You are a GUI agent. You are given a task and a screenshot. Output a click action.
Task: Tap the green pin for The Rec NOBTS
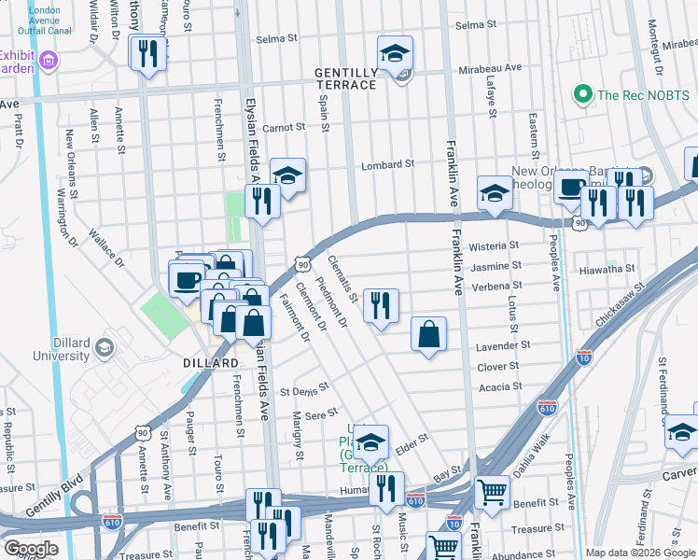pyautogui.click(x=583, y=94)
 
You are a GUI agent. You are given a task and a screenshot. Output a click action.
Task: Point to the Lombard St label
pyautogui.click(x=388, y=164)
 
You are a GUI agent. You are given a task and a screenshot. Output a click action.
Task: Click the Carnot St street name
pyautogui.click(x=284, y=127)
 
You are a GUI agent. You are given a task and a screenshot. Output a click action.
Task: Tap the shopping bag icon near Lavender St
pyautogui.click(x=428, y=334)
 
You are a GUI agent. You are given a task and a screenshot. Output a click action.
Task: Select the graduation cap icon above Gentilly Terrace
pyautogui.click(x=396, y=53)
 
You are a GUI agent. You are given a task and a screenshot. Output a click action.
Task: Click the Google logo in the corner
pyautogui.click(x=32, y=549)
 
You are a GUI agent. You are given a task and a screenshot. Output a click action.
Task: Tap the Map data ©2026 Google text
pyautogui.click(x=639, y=553)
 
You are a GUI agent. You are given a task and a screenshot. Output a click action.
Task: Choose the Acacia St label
pyautogui.click(x=500, y=386)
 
